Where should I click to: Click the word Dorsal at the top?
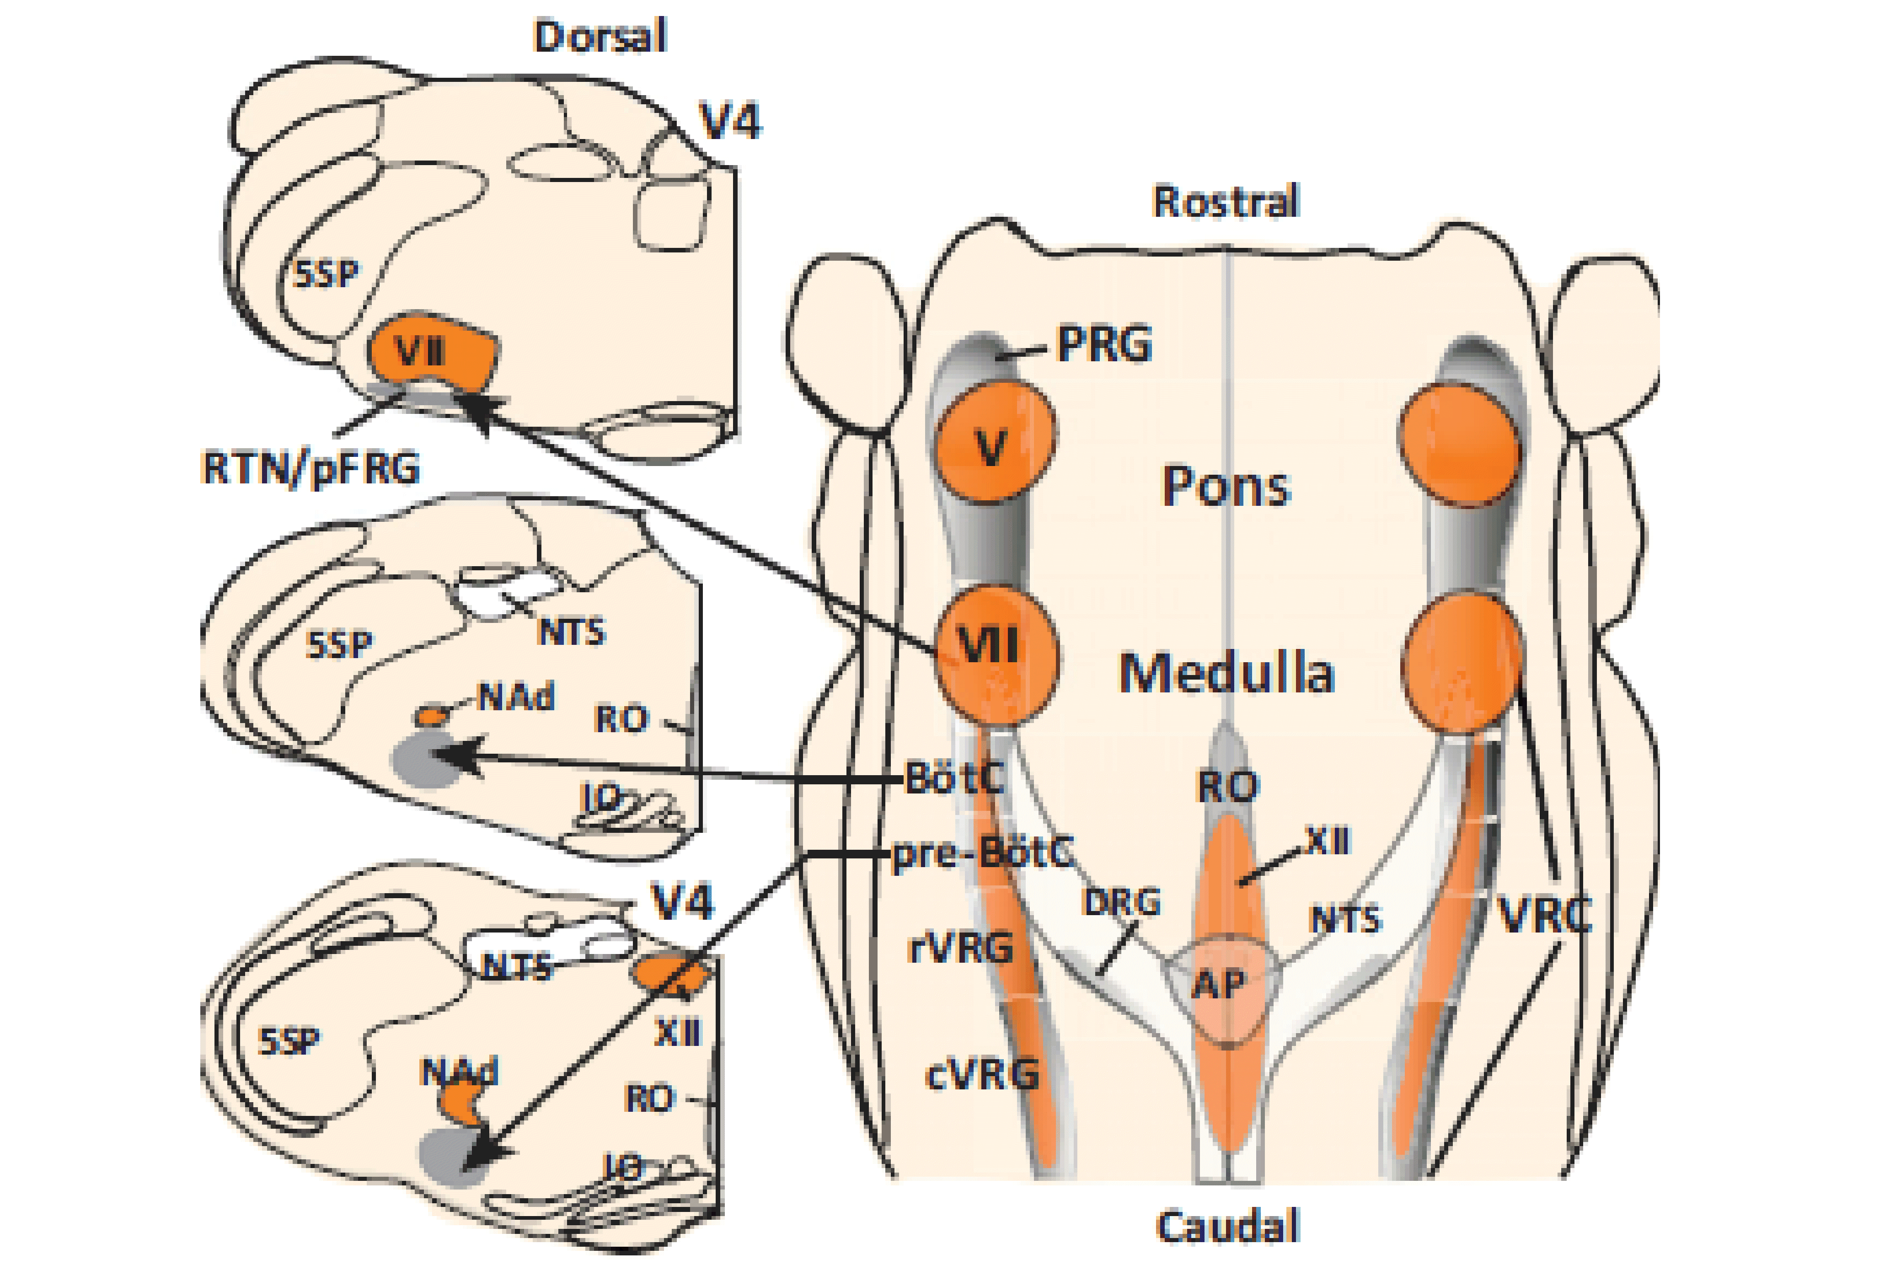pos(600,36)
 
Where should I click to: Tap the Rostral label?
pos(1226,202)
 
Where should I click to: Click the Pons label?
pos(1226,487)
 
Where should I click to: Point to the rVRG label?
pos(960,949)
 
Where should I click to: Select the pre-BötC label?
pos(983,853)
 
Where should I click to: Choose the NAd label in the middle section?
pos(516,696)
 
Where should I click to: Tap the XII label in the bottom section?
pos(678,1033)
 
